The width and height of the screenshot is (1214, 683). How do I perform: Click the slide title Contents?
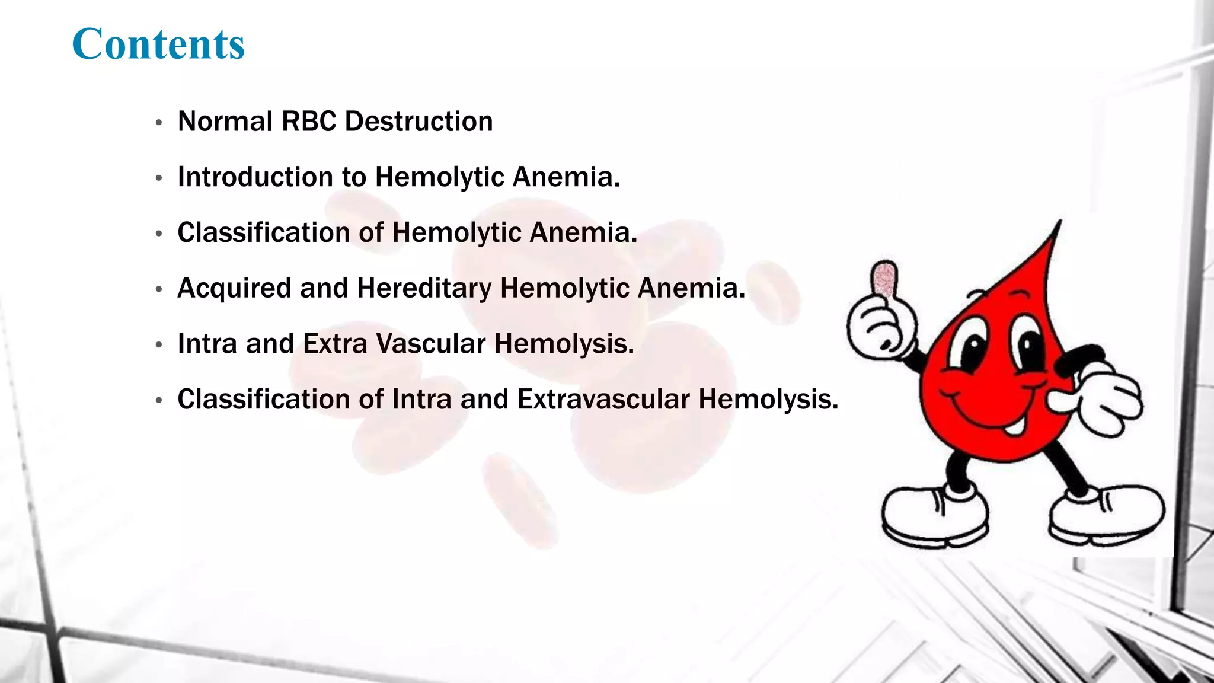click(x=158, y=44)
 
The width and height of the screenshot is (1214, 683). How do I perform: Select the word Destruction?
click(x=418, y=122)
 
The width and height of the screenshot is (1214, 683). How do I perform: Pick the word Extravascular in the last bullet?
click(x=603, y=400)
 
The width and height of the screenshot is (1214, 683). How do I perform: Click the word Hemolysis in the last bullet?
click(x=768, y=400)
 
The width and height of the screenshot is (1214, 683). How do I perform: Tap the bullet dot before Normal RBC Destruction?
click(x=158, y=123)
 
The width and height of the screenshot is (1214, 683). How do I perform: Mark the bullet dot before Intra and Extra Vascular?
click(x=158, y=345)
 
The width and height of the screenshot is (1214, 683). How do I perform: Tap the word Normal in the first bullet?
click(x=225, y=122)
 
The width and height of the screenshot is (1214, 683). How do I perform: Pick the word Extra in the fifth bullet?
click(x=335, y=344)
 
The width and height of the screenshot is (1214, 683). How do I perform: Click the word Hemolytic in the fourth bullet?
click(x=564, y=289)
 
